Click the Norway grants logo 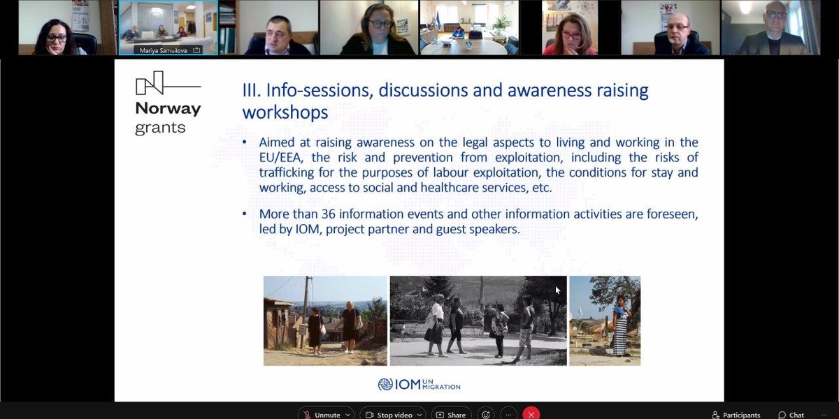coord(168,103)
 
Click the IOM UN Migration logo coord(419,384)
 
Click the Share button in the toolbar coord(452,414)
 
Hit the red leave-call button coord(531,413)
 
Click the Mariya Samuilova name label coord(164,50)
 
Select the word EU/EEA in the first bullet coord(280,158)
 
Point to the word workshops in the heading coord(285,112)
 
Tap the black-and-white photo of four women coord(478,321)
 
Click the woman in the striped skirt coord(620,326)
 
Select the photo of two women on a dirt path coord(325,321)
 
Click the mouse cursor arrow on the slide coord(558,291)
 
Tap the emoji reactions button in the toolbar coord(486,414)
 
